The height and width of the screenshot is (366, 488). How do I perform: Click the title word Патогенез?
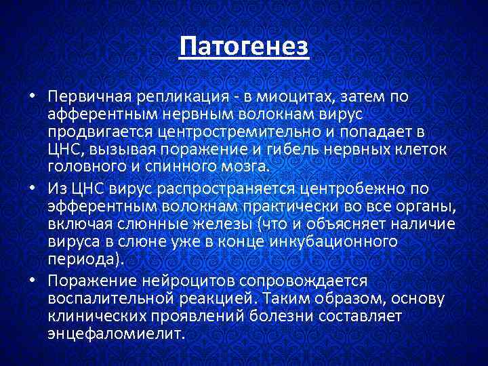pos(244,47)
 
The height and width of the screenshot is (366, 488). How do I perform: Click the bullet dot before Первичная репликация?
pos(32,97)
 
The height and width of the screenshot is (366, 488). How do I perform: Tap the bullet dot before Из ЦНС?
pos(32,188)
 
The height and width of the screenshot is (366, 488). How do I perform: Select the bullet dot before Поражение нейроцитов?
pos(32,281)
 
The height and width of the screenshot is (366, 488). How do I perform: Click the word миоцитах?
pos(278,97)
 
